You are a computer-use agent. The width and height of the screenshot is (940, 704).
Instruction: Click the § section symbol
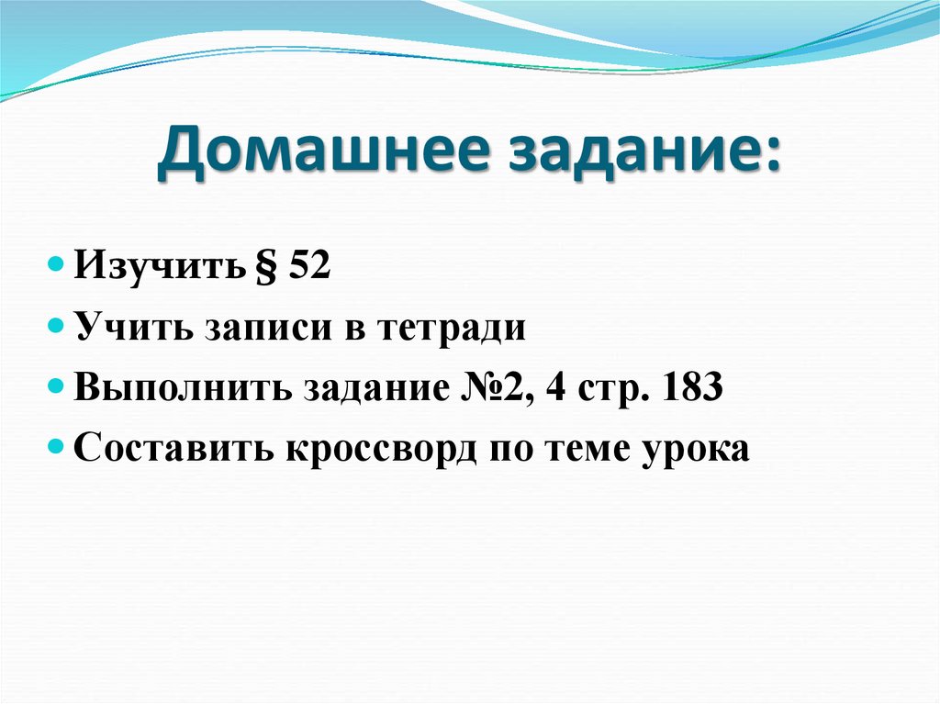(267, 267)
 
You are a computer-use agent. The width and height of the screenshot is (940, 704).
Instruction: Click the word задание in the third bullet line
(378, 389)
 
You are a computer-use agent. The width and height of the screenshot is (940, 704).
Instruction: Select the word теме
(592, 450)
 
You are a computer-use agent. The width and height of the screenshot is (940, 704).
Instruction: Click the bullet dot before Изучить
(56, 266)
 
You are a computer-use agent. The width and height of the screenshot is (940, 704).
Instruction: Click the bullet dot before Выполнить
(56, 388)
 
